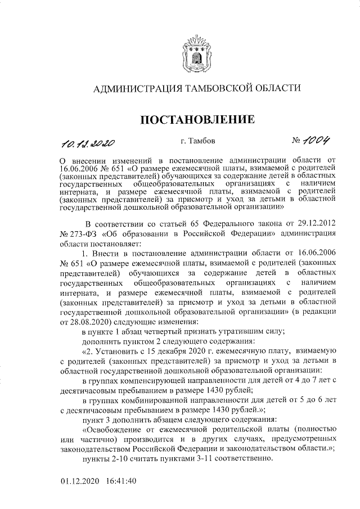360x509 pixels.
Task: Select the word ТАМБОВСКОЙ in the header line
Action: [216, 88]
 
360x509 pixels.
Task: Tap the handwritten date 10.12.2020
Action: [88, 142]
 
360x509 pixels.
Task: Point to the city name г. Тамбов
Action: [194, 141]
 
